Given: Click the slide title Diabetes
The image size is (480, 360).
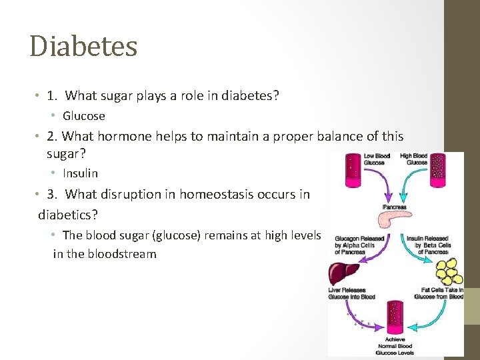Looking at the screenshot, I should [83, 47].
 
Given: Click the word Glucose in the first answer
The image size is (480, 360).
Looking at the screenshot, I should [84, 116].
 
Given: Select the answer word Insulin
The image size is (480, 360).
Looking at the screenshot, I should [80, 173].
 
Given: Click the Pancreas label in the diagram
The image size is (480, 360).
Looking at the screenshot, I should [395, 207].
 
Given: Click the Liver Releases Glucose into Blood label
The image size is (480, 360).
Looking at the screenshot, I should [351, 293].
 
